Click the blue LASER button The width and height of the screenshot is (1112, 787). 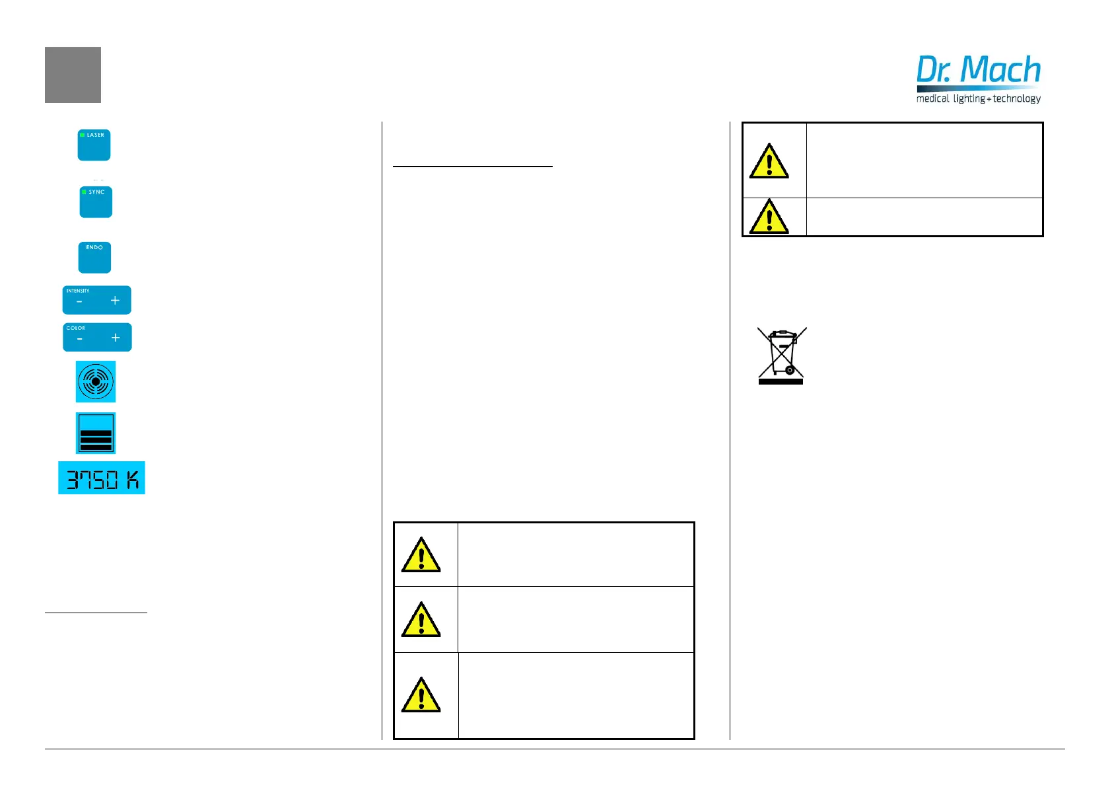coord(94,145)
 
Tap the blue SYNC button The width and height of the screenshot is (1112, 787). coord(96,202)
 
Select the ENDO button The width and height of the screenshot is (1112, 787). coord(94,258)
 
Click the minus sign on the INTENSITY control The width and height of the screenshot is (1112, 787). coord(79,301)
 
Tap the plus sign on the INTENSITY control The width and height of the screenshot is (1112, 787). coord(115,301)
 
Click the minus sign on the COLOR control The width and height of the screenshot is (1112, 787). coord(80,338)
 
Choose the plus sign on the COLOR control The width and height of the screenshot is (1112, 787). coord(116,338)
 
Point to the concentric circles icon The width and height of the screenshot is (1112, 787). coord(96,381)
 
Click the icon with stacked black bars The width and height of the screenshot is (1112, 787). coord(96,433)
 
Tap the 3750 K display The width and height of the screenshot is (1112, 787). coord(102,478)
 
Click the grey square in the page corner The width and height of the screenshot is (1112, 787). coord(73,75)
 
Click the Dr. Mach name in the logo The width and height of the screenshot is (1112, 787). coord(978,70)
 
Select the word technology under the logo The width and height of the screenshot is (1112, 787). coord(1016,98)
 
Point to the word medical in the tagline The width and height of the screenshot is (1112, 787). coord(932,98)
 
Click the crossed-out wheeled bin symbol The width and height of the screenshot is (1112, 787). coord(781,356)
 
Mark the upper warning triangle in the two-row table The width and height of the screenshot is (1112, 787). coord(769,162)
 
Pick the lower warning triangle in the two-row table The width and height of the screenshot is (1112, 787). coord(769,217)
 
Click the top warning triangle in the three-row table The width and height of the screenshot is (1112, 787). coord(421,555)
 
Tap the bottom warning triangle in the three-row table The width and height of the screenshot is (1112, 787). coord(421,696)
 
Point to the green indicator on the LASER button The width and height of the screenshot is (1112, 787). coord(83,135)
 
